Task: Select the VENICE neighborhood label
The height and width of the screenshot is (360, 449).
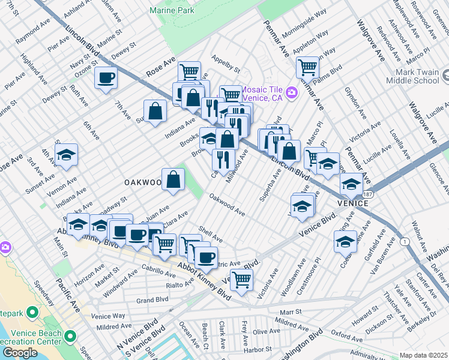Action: (352, 203)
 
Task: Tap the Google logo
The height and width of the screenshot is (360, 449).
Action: (19, 353)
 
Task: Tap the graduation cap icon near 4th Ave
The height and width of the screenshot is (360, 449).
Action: (66, 155)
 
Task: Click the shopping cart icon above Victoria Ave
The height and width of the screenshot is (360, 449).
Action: (241, 279)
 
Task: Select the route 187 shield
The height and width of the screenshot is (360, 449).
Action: (367, 196)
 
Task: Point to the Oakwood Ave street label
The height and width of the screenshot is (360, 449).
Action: (227, 205)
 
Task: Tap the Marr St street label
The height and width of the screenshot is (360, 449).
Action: (290, 312)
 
